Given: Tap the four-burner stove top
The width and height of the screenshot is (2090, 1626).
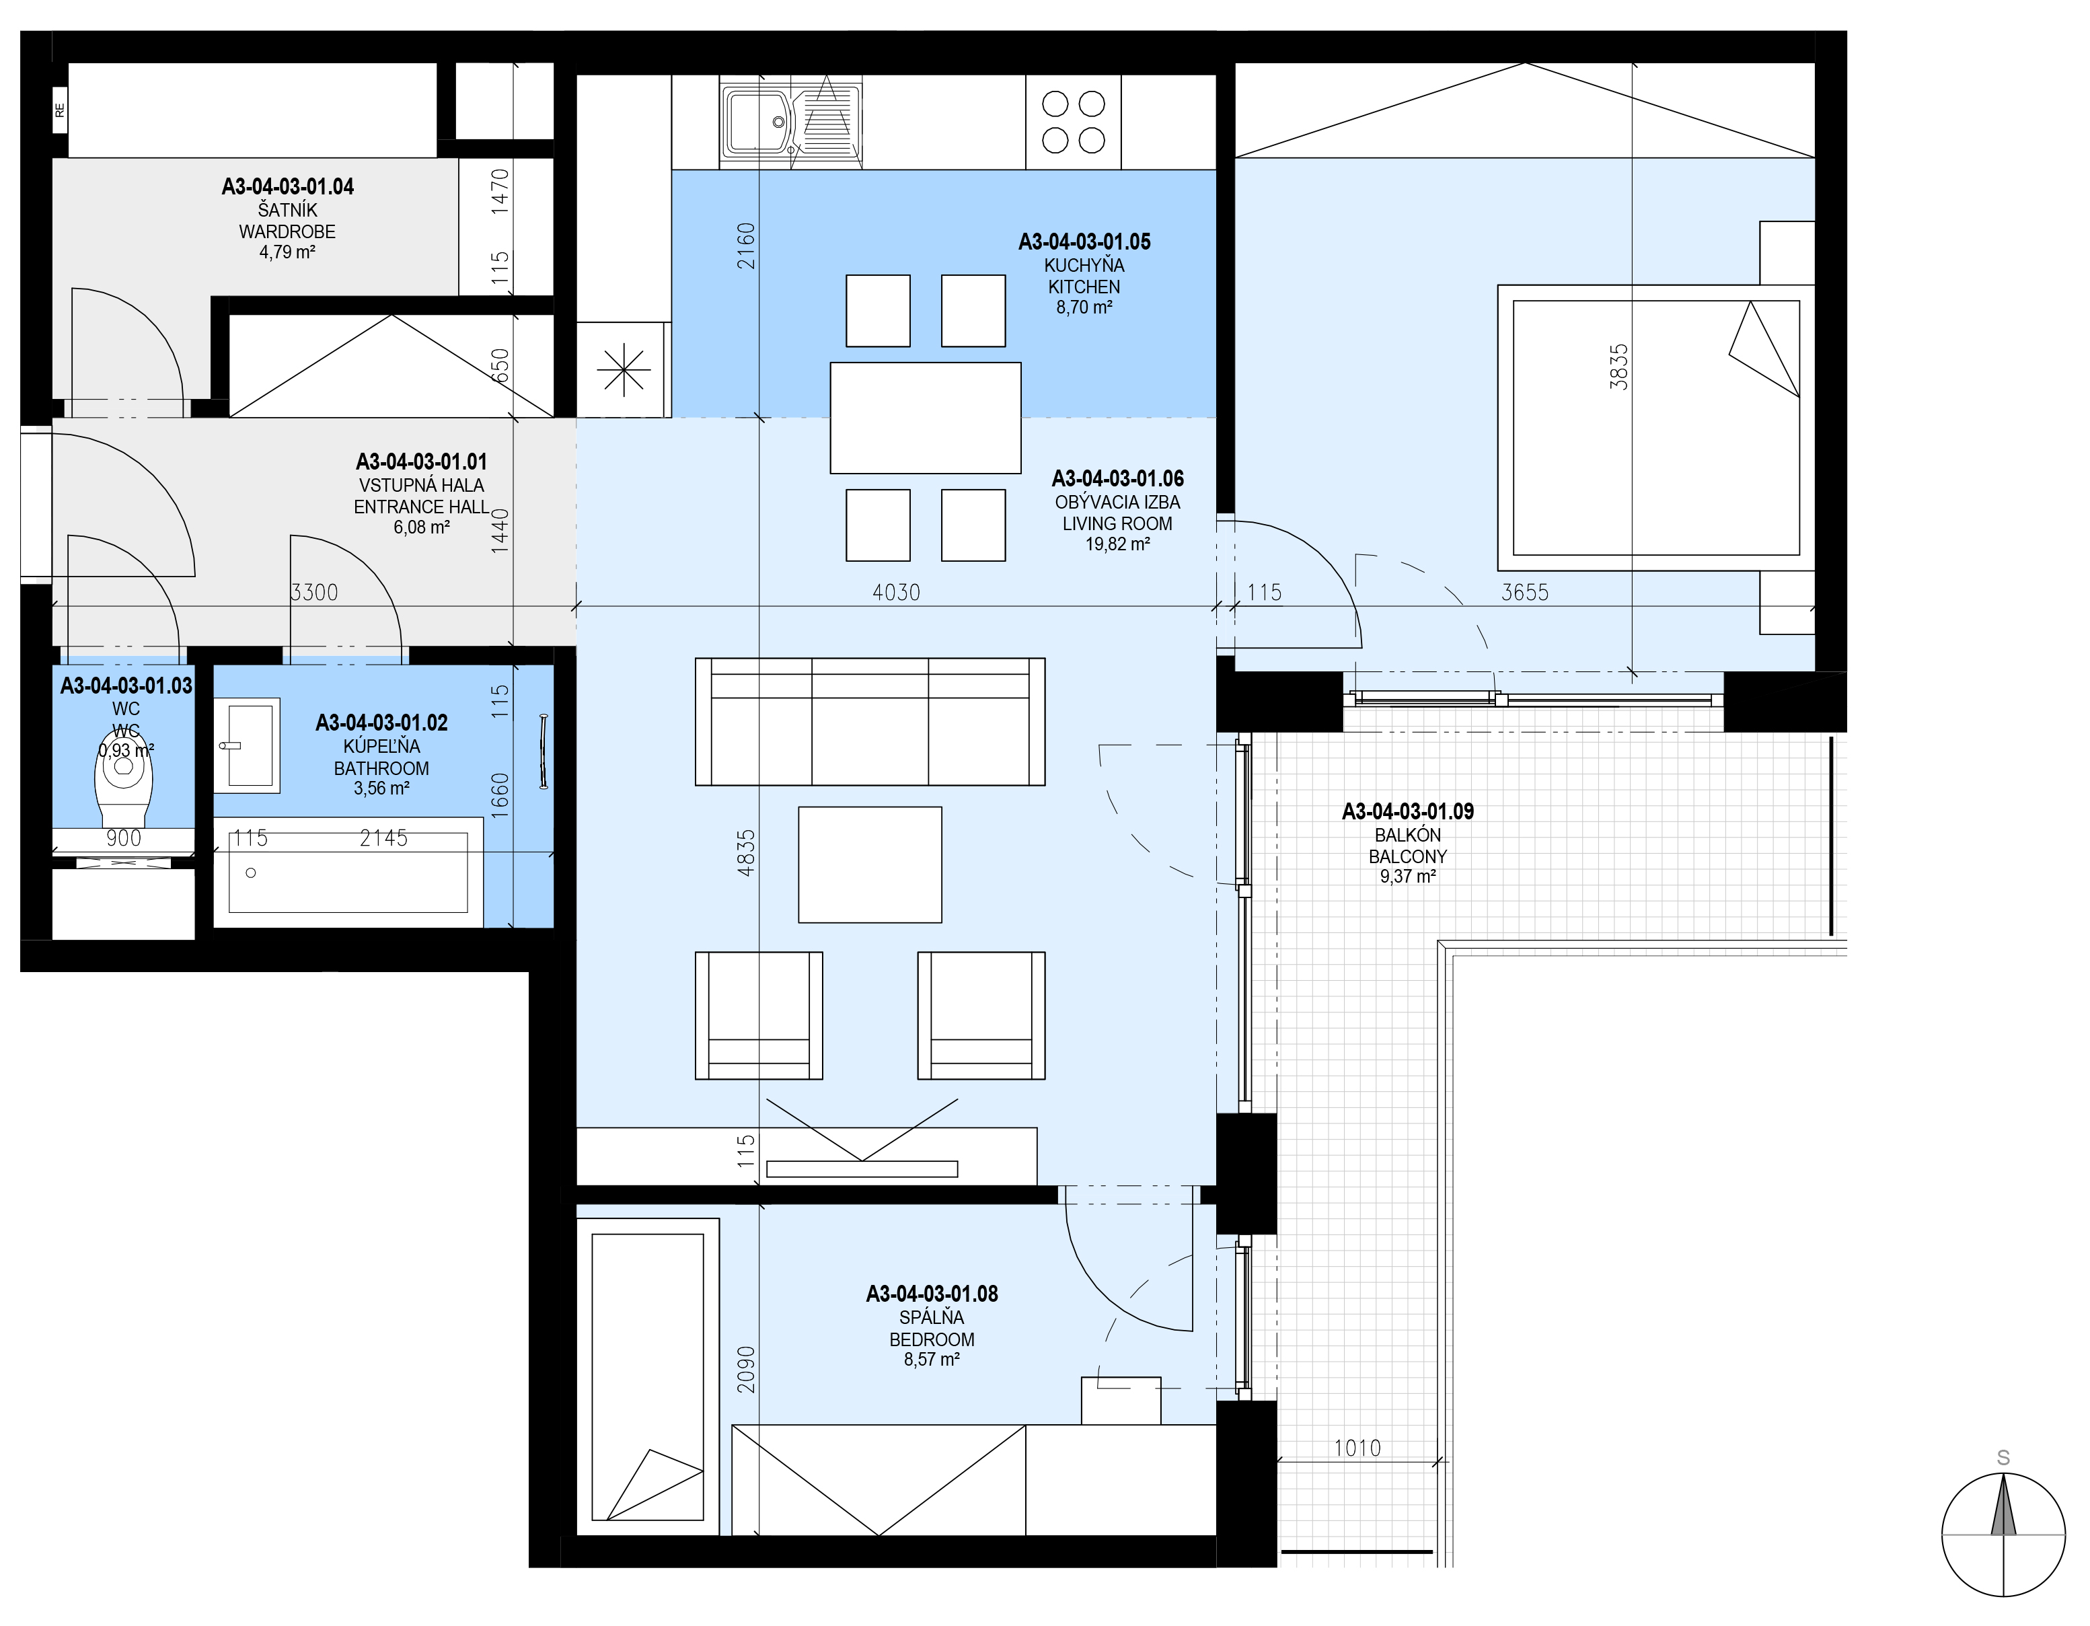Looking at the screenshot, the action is point(1073,122).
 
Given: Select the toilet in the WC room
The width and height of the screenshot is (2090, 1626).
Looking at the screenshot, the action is point(125,780).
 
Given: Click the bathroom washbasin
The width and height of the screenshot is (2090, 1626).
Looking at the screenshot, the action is point(247,745).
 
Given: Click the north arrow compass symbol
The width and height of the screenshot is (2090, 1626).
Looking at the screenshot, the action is point(2003,1534).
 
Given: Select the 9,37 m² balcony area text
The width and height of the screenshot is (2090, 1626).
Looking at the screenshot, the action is point(1408,876).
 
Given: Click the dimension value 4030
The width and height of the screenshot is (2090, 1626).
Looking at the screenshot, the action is point(896,593).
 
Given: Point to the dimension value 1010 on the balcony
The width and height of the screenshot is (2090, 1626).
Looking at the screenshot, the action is point(1357,1448).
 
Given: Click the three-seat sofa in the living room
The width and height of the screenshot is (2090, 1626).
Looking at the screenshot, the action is point(870,722).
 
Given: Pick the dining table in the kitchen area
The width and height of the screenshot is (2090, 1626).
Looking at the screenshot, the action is point(926,417).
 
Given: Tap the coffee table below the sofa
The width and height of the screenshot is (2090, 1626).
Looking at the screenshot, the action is point(870,864).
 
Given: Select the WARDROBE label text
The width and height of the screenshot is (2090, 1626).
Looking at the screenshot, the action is point(287,231).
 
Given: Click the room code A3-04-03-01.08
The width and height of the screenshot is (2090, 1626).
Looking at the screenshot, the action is point(932,1294).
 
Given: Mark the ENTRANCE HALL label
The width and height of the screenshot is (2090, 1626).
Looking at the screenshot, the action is point(421,507).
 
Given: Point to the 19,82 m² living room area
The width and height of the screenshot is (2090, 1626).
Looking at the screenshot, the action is point(1117,544).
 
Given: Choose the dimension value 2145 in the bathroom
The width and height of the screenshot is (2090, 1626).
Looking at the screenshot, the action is point(383,838).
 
